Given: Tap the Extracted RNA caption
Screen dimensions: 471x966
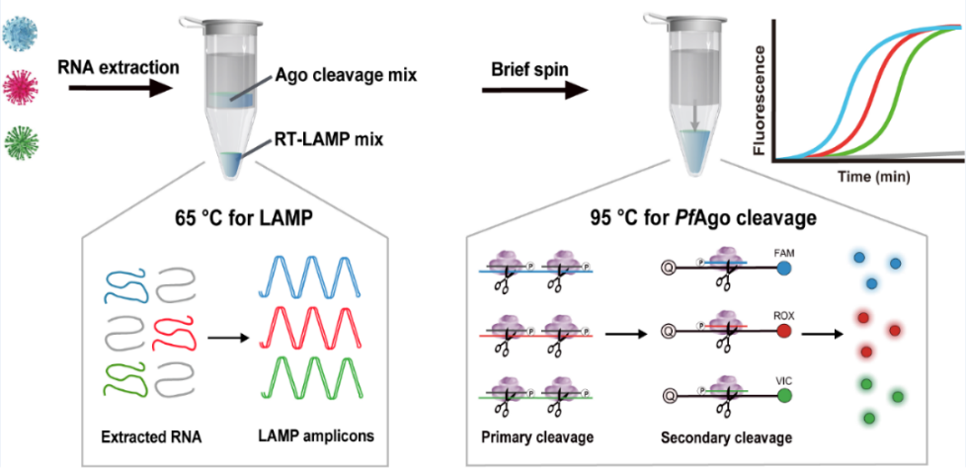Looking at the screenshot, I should [x=146, y=435].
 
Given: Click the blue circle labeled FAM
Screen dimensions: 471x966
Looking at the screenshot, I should [x=785, y=267].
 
